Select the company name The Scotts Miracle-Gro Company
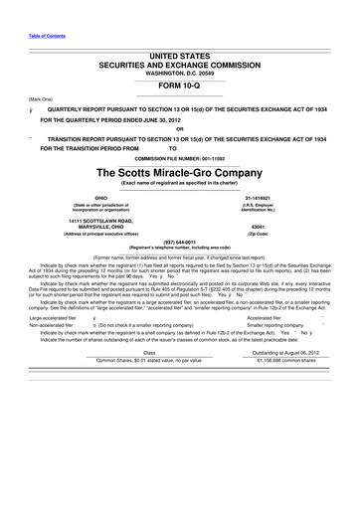pos(180,170)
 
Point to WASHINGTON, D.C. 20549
pos(180,72)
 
